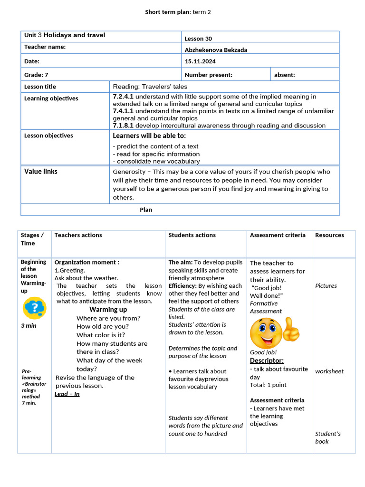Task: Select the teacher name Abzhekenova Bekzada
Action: point(216,50)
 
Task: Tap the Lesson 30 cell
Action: point(198,39)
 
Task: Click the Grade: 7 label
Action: point(37,75)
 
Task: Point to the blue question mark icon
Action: point(34,308)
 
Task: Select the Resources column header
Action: point(329,235)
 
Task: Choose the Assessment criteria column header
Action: point(278,235)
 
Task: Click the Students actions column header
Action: point(192,235)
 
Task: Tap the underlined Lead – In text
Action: point(67,394)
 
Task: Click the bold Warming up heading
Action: point(108,310)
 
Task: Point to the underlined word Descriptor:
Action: point(267,360)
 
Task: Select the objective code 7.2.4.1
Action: point(123,97)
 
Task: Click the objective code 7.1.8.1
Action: point(123,126)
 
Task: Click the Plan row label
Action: point(146,210)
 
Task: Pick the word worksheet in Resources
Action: point(329,371)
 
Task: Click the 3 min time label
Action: point(29,326)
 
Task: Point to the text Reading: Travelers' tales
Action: point(150,87)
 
